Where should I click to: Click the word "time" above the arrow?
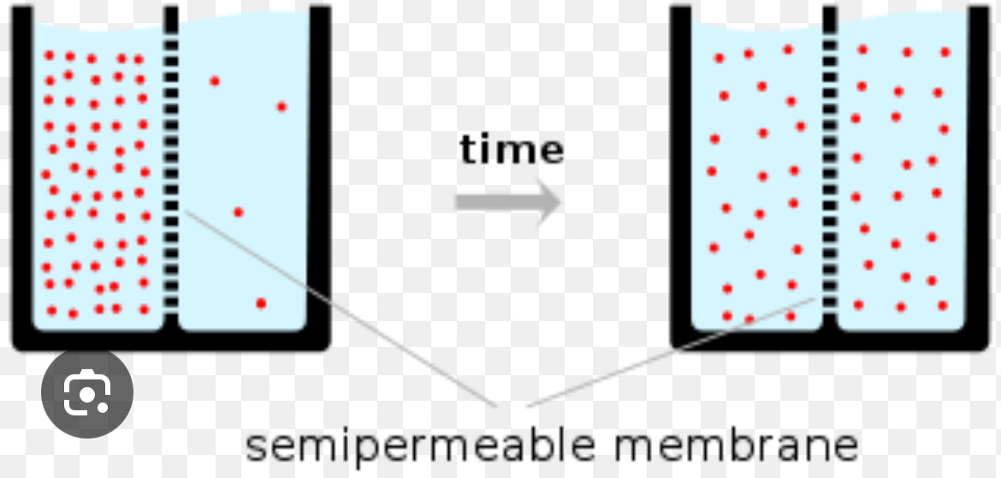tap(512, 149)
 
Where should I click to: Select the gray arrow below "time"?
tap(507, 203)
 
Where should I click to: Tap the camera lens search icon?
tap(87, 391)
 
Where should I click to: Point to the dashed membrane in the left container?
tap(171, 171)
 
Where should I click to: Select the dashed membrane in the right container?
tap(829, 171)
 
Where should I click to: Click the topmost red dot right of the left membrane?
tap(215, 81)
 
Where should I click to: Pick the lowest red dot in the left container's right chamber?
tap(261, 303)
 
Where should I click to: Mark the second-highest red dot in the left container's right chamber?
tap(281, 107)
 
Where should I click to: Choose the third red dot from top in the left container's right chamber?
tap(239, 212)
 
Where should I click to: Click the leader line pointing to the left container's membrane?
tap(342, 308)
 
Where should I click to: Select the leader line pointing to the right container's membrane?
tap(667, 351)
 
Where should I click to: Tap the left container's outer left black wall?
tap(21, 171)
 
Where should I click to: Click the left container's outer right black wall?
tap(320, 171)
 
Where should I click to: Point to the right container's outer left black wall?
tap(680, 171)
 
